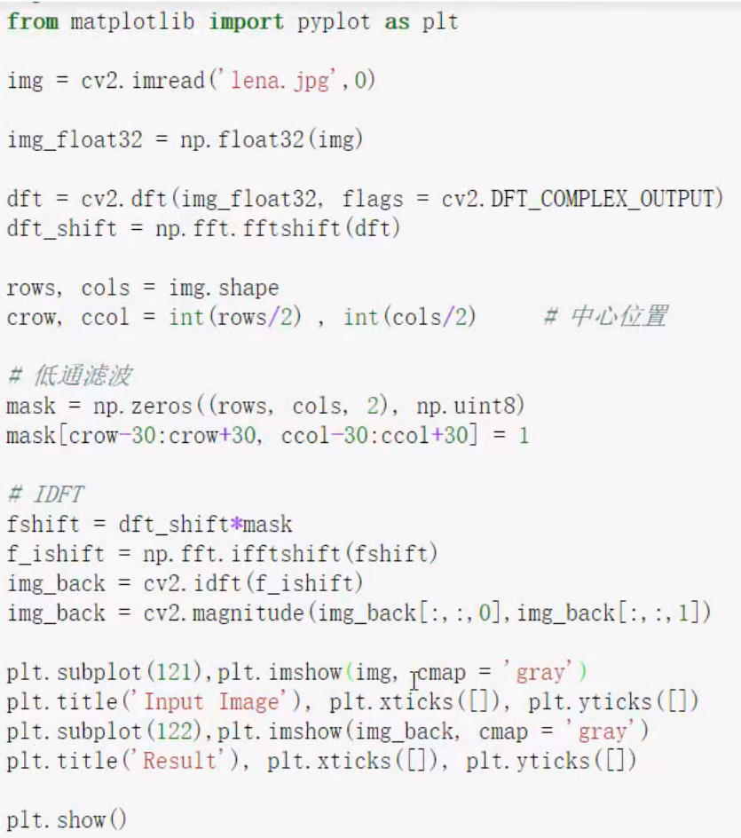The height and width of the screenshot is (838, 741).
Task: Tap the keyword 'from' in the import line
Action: point(32,22)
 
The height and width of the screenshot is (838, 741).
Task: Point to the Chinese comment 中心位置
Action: point(618,317)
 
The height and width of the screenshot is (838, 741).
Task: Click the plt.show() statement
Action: point(67,820)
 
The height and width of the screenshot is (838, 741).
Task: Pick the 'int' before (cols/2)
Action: point(361,317)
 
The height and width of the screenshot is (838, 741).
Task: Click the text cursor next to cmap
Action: point(414,680)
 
